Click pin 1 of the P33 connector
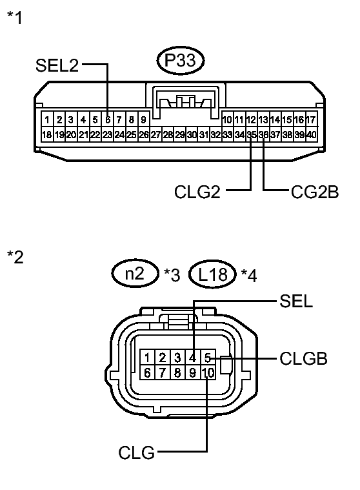click(x=47, y=119)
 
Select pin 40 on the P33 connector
click(x=312, y=134)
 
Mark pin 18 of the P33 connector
click(x=47, y=134)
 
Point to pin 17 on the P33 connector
click(x=312, y=119)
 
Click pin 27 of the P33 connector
click(x=155, y=134)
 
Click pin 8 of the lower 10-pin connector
click(x=178, y=373)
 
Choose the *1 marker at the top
click(x=14, y=17)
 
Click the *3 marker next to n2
click(x=171, y=276)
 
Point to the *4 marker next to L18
click(x=248, y=276)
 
